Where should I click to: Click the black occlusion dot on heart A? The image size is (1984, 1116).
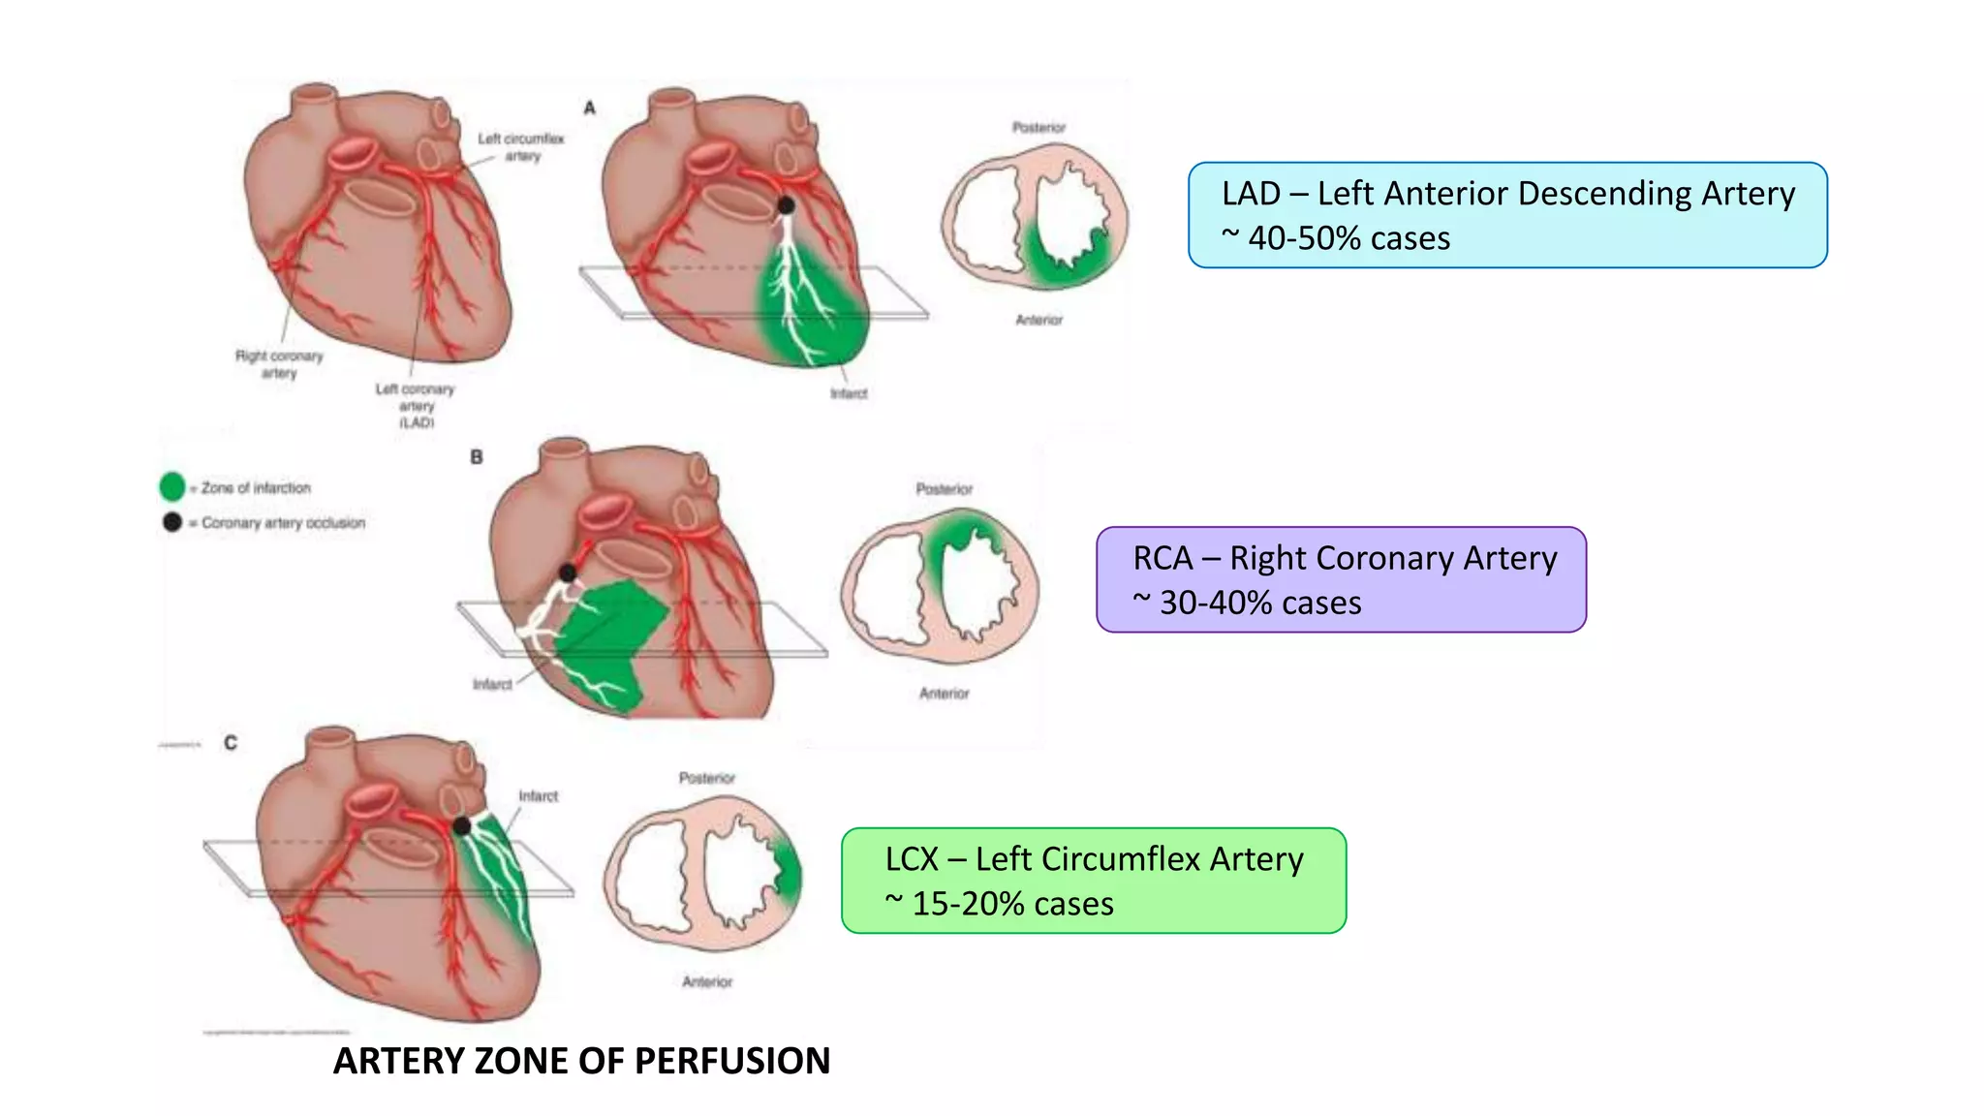coord(787,205)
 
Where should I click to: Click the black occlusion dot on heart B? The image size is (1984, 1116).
coord(568,573)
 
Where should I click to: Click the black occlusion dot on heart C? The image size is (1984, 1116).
coord(462,825)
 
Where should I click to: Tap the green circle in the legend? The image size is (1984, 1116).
coord(172,486)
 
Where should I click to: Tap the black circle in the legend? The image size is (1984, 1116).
coord(172,522)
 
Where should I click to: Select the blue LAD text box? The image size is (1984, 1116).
coord(1507,215)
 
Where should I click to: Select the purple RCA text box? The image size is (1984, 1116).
coord(1341,579)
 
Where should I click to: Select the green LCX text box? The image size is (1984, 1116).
coord(1094,881)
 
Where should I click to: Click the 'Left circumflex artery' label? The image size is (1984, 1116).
coord(521,146)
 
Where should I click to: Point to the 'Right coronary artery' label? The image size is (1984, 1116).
coord(279,364)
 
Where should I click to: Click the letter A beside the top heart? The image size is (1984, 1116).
coord(589,108)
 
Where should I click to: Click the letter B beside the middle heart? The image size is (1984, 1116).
coord(477,456)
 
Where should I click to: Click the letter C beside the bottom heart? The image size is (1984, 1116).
coord(231,743)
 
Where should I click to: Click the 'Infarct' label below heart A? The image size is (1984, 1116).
coord(849,393)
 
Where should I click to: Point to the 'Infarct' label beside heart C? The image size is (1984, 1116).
coord(539,796)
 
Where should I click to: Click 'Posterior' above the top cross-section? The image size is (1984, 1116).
coord(1038,127)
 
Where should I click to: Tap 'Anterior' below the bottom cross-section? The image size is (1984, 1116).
coord(707,981)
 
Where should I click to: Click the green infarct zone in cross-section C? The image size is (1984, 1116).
coord(789,871)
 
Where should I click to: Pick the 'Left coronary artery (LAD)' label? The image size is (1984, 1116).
coord(416,405)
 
